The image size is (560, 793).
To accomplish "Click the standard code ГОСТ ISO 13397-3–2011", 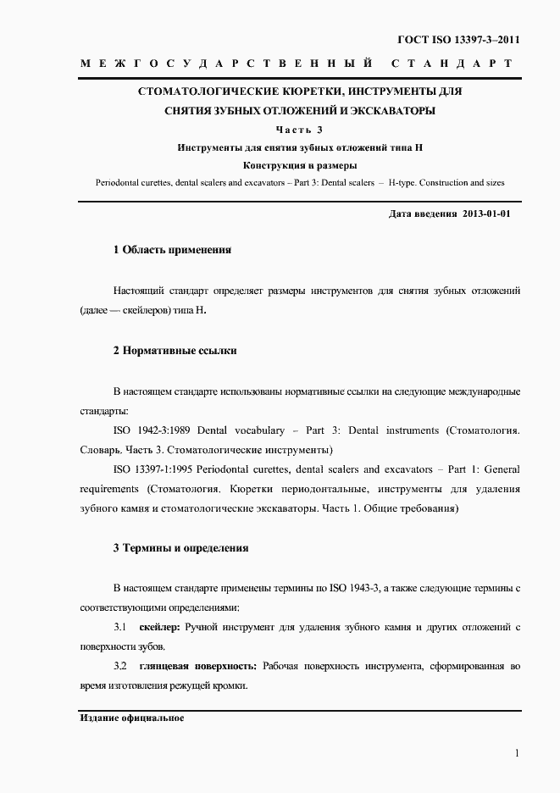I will pos(458,40).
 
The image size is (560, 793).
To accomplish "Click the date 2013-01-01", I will pos(487,215).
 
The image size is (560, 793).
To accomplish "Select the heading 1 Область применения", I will pos(173,251).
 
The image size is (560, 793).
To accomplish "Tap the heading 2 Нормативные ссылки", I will pos(175,350).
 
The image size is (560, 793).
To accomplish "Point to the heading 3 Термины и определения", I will pos(180,548).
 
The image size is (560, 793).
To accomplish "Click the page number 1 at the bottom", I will pos(517,753).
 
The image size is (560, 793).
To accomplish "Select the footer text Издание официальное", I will pos(132,718).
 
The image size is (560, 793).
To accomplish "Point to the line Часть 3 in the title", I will pos(300,130).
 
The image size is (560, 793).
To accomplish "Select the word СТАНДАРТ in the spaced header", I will pos(452,64).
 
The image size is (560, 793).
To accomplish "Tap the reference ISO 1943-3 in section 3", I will pos(352,588).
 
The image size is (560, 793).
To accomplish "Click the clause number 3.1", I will pos(120,628).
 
